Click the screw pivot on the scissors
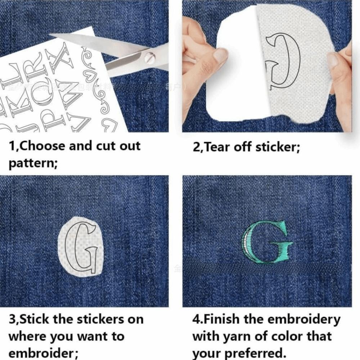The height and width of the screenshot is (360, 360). tap(149, 57)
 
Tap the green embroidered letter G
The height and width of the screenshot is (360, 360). tap(267, 242)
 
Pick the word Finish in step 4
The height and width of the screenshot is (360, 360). tap(222, 319)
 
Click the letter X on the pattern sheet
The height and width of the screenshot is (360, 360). tap(62, 58)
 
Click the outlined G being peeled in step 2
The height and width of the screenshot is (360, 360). tap(283, 61)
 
